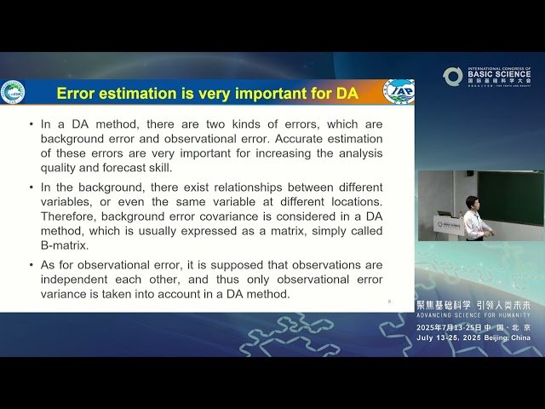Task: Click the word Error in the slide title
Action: click(x=77, y=92)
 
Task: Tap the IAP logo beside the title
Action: click(x=399, y=91)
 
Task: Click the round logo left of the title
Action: click(x=13, y=92)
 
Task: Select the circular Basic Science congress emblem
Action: click(x=452, y=77)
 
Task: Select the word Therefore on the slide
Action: click(x=74, y=216)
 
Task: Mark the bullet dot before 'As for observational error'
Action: click(x=32, y=265)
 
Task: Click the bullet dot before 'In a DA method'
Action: click(x=32, y=124)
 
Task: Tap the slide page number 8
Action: click(x=389, y=301)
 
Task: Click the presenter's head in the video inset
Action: click(x=472, y=202)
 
